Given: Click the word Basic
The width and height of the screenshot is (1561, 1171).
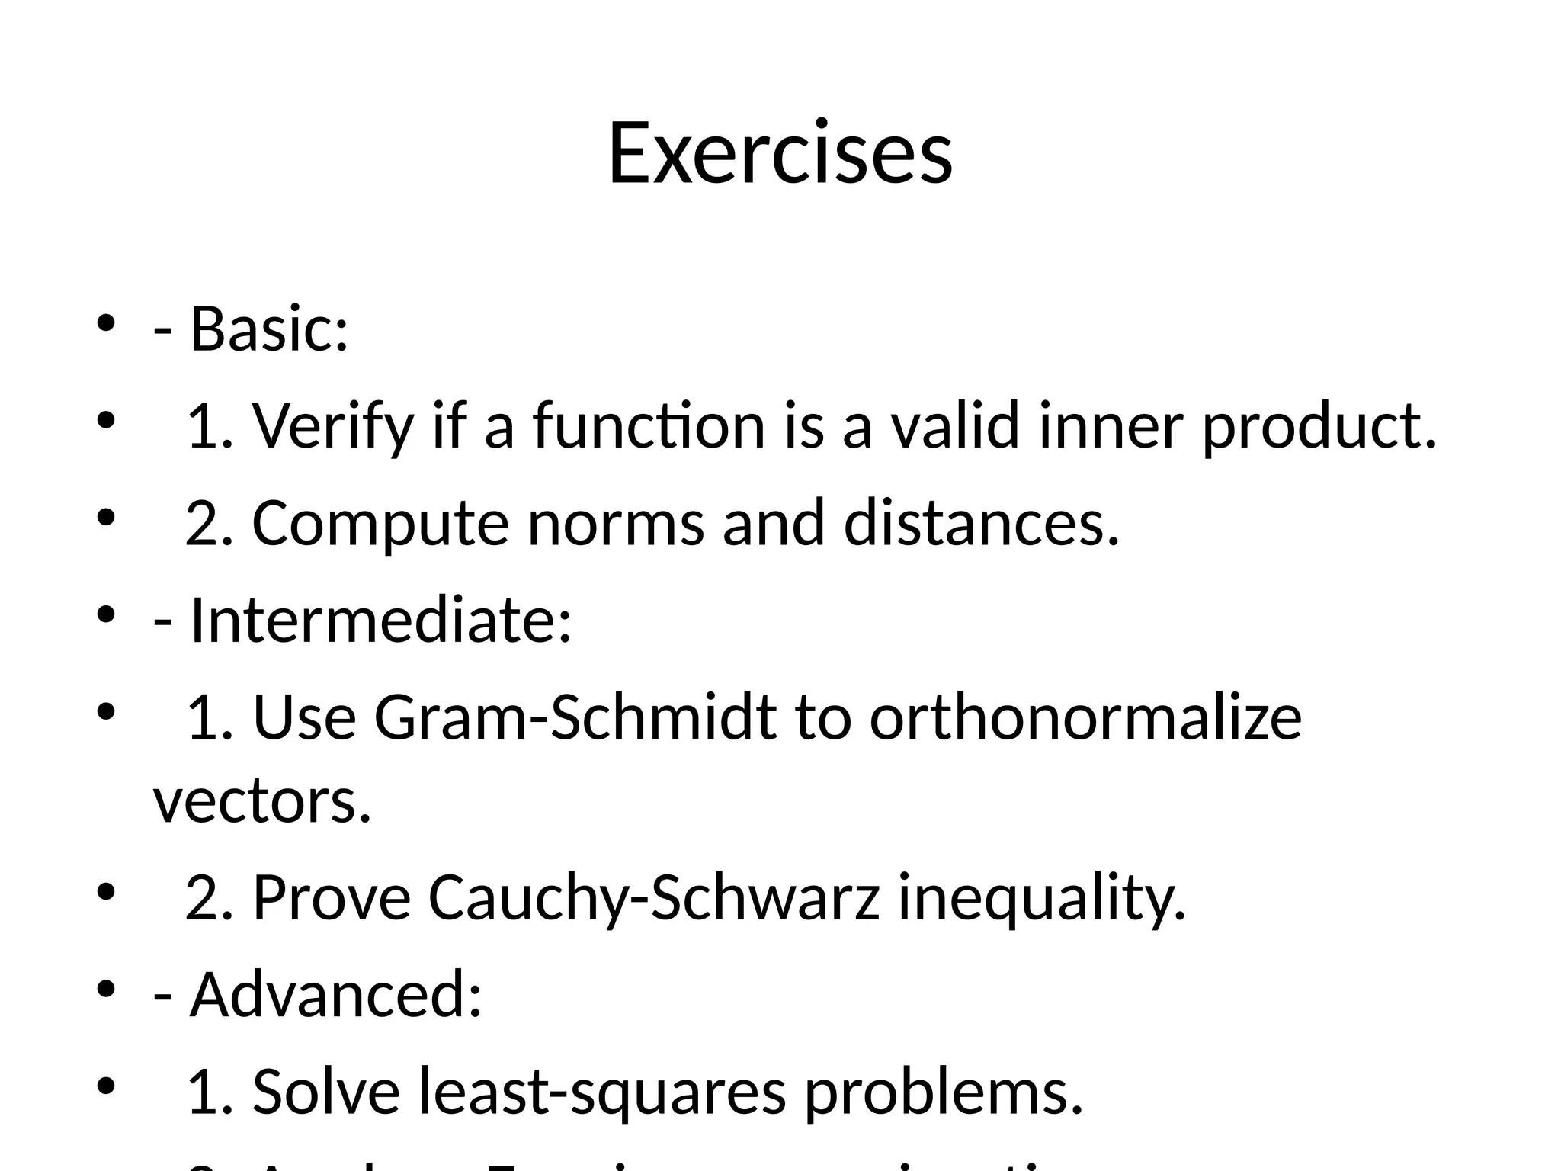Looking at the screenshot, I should (268, 329).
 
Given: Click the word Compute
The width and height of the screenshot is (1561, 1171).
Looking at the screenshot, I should (380, 523).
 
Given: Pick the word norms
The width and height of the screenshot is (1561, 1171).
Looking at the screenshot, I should (616, 523).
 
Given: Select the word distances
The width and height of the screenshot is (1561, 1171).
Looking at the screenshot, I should (982, 523).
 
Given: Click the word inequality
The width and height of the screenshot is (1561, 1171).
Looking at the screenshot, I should (1042, 897).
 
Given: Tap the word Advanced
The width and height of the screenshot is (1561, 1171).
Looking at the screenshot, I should (335, 994).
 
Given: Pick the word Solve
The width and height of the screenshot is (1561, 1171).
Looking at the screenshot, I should (326, 1092).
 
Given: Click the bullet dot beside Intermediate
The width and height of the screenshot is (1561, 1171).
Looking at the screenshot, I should (105, 614).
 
